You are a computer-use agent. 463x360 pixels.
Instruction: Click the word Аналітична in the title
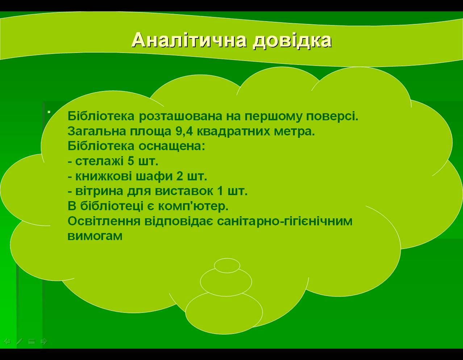[189, 40]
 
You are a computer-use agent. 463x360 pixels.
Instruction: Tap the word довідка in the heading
[292, 41]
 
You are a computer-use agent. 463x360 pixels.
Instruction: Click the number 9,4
[184, 132]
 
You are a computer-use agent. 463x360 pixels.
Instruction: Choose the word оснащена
[172, 146]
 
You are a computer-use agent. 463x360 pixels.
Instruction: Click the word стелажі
[99, 161]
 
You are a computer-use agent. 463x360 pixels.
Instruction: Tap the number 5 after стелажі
[131, 161]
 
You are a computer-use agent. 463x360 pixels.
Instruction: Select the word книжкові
[103, 176]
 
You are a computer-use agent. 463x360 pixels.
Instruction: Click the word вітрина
[99, 191]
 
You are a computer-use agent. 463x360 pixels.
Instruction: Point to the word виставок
[184, 191]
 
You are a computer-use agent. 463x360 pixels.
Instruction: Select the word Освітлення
[104, 221]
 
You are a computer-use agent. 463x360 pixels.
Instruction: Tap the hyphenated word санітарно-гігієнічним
[284, 221]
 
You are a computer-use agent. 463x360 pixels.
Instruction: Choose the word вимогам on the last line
[95, 236]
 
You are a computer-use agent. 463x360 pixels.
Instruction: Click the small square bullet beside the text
[49, 112]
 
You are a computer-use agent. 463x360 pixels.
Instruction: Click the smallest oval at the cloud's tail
[227, 265]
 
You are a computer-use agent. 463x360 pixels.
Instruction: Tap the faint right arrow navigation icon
[44, 342]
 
